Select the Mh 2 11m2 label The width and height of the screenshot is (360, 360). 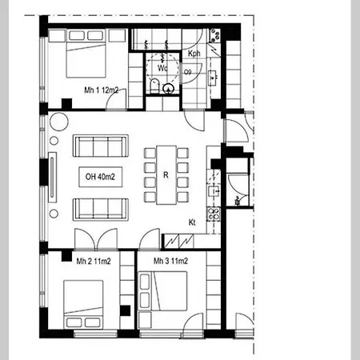(92, 262)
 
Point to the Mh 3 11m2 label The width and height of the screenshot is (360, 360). (170, 262)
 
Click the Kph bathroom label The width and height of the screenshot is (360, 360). (194, 54)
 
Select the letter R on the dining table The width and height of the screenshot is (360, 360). (166, 174)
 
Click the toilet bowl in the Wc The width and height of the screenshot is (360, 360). (154, 86)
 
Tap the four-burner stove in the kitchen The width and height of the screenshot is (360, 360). (214, 214)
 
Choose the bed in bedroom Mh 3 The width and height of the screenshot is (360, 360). (166, 292)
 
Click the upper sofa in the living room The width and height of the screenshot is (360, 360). (100, 146)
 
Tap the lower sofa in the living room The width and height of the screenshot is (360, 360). (100, 209)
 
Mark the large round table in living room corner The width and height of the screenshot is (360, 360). (60, 123)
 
